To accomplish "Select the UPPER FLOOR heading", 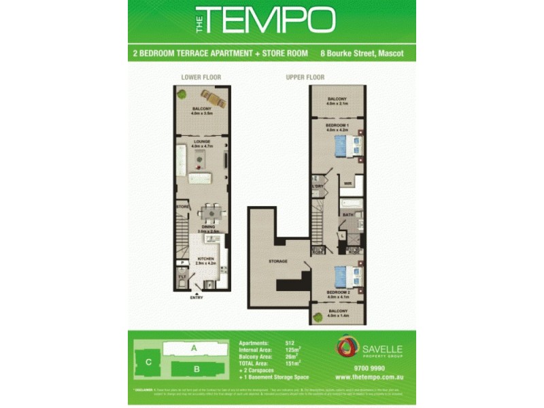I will [305, 77].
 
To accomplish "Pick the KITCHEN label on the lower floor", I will [207, 259].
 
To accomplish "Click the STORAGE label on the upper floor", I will [278, 261].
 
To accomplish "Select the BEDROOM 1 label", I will [337, 126].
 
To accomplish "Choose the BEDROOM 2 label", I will [337, 294].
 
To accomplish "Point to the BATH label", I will [347, 215].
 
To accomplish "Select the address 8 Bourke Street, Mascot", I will [368, 53].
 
